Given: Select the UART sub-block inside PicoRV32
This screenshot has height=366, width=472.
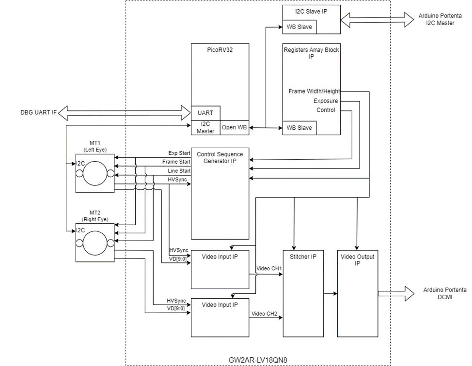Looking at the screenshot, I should coord(205,113).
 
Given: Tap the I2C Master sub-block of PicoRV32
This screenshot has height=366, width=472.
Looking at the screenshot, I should coord(205,128).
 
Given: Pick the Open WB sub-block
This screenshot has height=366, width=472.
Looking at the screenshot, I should coord(235,128).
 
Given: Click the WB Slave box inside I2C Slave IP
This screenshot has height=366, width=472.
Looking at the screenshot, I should coord(300,27).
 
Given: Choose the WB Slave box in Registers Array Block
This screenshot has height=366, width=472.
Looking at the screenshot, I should coord(300,128).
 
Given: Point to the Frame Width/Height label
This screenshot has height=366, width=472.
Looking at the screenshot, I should coord(314,91).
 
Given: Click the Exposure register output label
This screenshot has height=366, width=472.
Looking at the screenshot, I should coord(326,101).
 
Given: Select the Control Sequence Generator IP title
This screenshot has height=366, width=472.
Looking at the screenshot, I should coord(220,157).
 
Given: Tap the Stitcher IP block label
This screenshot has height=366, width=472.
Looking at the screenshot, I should coord(303,257).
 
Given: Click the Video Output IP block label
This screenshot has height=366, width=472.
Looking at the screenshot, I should coord(357,260).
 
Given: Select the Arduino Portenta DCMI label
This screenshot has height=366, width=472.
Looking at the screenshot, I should coord(444,293).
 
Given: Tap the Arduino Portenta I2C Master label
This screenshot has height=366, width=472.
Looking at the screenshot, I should coord(441,19).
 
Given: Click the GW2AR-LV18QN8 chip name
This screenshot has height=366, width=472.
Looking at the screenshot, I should coord(257,360).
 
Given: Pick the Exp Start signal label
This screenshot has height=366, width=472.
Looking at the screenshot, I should coord(179,153).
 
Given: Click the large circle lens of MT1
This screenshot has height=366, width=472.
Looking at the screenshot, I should coord(95,173).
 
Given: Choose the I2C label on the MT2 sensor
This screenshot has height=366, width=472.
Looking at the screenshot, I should coord(80,230).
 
